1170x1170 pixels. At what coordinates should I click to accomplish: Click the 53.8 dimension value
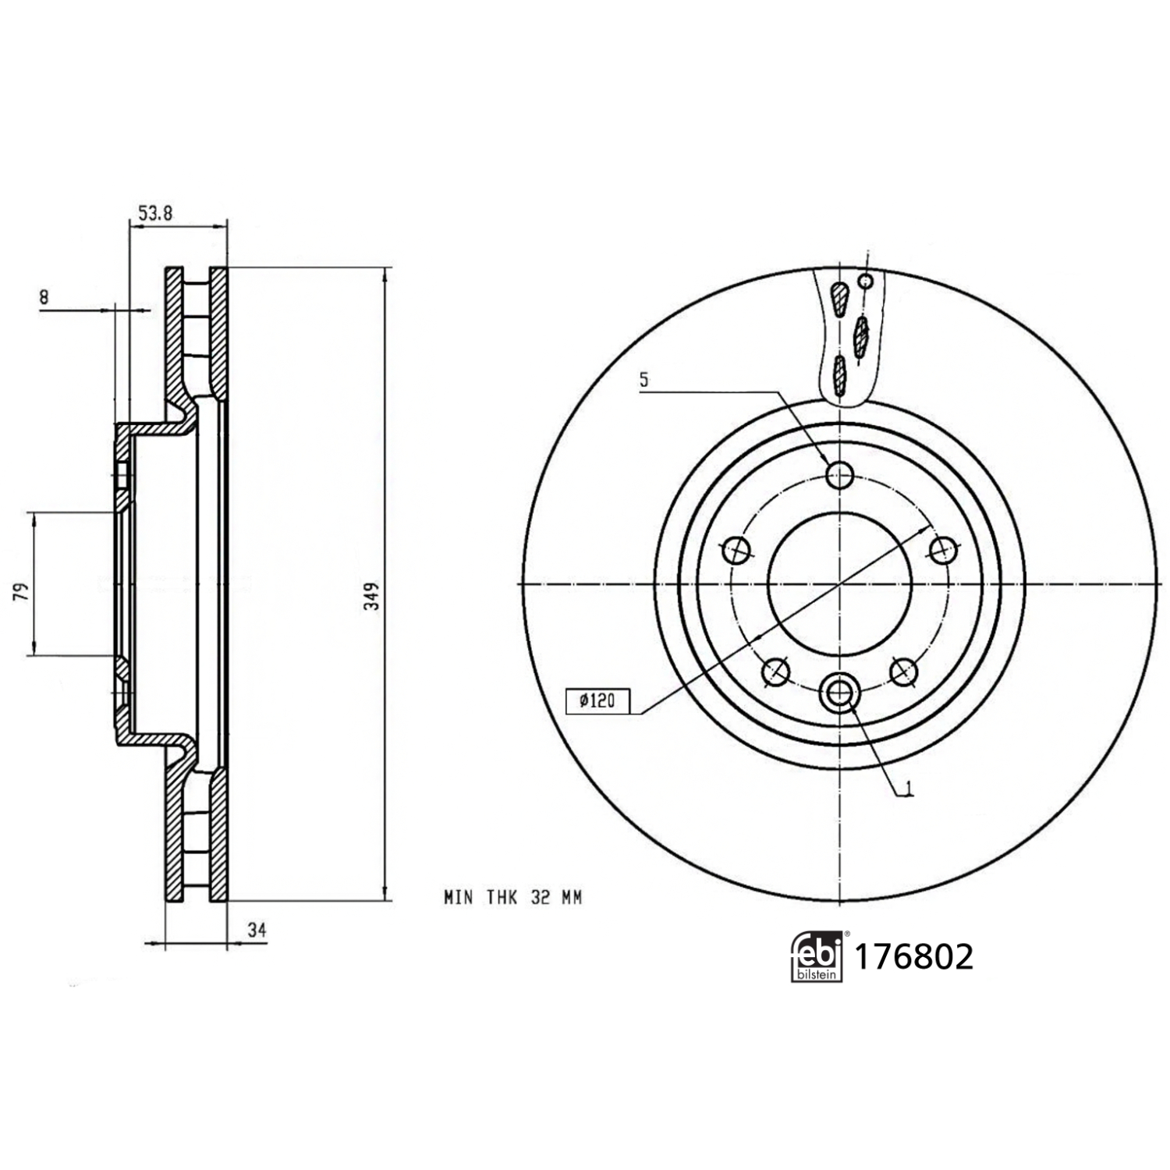tap(154, 213)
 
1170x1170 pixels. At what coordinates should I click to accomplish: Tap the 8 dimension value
tap(44, 297)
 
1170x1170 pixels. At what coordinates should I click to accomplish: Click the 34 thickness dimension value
tap(257, 930)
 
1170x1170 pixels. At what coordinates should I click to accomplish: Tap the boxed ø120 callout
tap(597, 701)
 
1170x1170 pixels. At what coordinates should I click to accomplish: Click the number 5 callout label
tap(643, 380)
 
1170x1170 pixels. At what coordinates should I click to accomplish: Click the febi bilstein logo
tap(818, 955)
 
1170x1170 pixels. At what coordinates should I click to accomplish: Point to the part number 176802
tap(914, 956)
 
